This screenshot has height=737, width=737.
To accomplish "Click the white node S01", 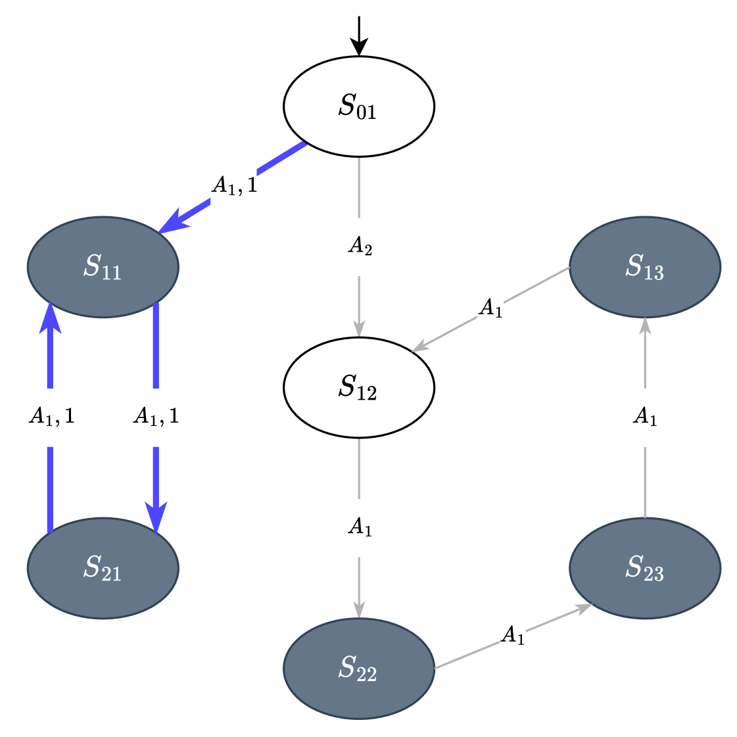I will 358,107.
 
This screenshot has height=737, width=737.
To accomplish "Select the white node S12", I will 358,387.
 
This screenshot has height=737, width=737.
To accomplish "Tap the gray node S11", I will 103,267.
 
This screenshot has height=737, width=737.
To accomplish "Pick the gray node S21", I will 103,568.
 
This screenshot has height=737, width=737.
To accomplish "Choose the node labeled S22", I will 358,669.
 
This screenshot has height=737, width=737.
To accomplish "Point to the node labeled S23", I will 644,568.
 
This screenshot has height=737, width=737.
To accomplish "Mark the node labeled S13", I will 644,267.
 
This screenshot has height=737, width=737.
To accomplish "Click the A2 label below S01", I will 360,247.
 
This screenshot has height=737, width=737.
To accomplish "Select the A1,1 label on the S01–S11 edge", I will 233,186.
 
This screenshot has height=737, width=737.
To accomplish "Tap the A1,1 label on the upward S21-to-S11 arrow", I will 51,417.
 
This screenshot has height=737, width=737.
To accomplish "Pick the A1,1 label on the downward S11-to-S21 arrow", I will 155,417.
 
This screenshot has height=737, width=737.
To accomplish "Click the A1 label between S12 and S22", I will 360,527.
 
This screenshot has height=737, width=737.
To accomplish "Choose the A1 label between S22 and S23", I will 512,636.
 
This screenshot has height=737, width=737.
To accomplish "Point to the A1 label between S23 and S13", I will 645,417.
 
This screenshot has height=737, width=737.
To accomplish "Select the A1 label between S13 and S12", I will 490,308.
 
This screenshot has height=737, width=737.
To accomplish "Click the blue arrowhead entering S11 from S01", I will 172,222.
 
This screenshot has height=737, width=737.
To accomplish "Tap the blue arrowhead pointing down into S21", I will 156,517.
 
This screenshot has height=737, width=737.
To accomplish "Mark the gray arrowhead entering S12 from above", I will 359,328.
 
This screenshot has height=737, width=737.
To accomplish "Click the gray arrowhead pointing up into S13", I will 645,326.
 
